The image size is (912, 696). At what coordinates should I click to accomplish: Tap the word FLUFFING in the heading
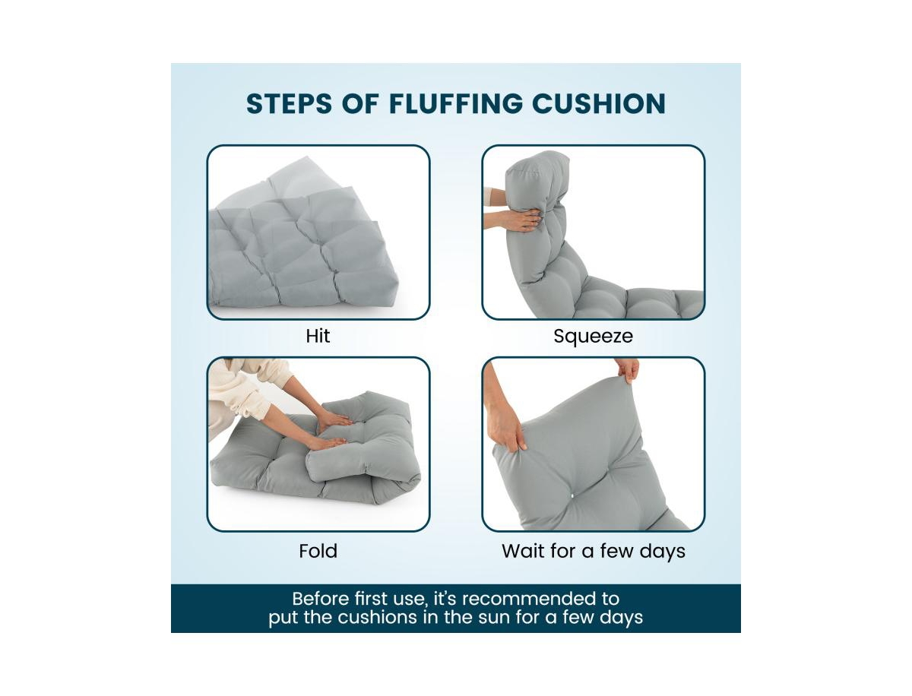pyautogui.click(x=456, y=103)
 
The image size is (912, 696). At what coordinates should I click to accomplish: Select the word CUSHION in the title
pyautogui.click(x=599, y=103)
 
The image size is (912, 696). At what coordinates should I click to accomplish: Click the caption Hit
pyautogui.click(x=318, y=336)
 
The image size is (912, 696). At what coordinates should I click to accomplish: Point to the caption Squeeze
pyautogui.click(x=593, y=337)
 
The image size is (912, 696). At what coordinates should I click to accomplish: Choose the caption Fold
pyautogui.click(x=318, y=551)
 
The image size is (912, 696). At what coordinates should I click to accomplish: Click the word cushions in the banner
pyautogui.click(x=377, y=617)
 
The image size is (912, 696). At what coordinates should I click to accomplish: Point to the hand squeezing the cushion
pyautogui.click(x=515, y=220)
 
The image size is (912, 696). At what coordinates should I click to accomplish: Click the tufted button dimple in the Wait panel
pyautogui.click(x=572, y=495)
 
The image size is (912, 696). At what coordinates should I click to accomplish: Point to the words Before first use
pyautogui.click(x=359, y=599)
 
